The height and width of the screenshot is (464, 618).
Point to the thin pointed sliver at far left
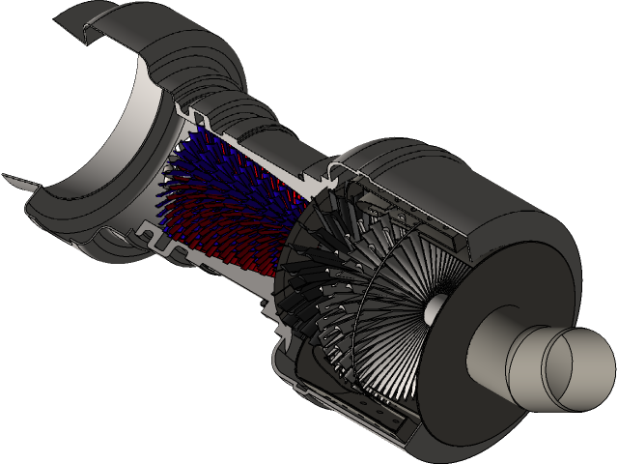(x=17, y=182)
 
